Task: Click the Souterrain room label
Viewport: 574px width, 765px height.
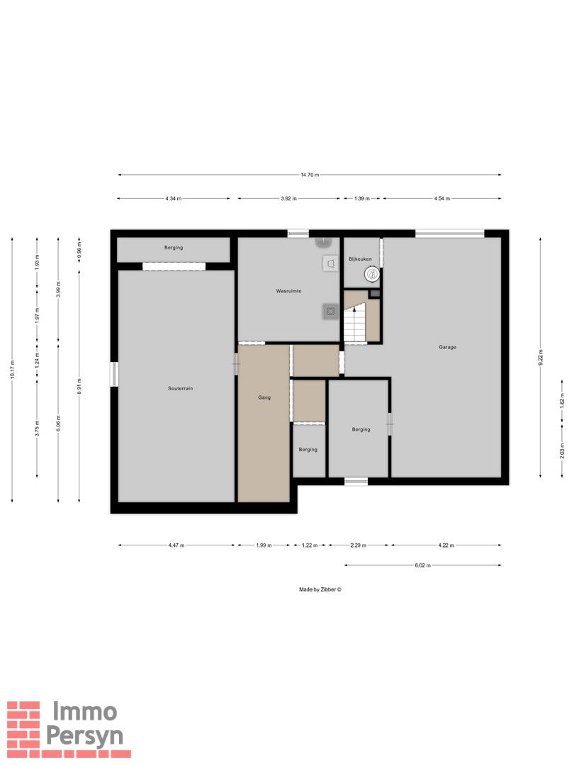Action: pos(180,388)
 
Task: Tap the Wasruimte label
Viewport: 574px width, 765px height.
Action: pos(288,291)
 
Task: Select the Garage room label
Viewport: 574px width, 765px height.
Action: pos(447,347)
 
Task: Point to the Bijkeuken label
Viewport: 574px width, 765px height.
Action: pos(360,259)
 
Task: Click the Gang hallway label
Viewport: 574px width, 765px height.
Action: pos(264,397)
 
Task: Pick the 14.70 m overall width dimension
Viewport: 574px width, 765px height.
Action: pos(310,175)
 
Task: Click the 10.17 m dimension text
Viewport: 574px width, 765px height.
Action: pos(12,368)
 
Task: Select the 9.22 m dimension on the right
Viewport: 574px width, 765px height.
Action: pos(540,357)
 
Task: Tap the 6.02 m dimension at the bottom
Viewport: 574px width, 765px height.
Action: pos(422,565)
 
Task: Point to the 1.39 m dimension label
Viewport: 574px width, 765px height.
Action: pos(361,198)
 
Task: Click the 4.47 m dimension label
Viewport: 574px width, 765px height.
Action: pos(176,545)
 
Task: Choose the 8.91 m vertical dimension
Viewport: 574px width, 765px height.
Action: pos(79,387)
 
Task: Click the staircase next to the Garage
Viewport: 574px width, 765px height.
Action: pos(355,323)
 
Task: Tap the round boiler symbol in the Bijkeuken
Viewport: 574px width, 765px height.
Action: pos(371,274)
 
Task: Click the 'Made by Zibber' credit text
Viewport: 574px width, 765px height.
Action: pos(320,589)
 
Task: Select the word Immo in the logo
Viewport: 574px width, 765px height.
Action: pos(84,712)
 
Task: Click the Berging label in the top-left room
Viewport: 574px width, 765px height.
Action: pos(174,247)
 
